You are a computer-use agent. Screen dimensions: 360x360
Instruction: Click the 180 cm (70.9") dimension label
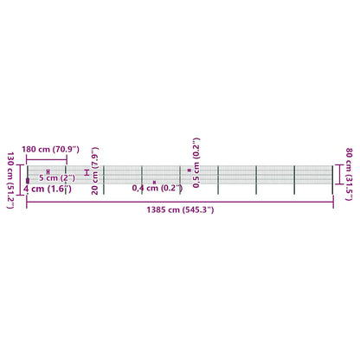click(x=50, y=150)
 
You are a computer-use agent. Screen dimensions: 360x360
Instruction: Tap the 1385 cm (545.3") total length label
click(x=180, y=209)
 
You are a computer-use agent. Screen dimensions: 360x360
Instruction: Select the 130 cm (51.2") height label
click(x=10, y=180)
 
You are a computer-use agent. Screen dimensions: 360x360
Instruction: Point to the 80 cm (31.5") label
click(x=349, y=174)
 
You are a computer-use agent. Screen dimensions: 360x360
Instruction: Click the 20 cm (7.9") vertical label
click(x=94, y=170)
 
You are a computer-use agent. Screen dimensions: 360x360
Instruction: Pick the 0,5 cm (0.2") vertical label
click(x=196, y=163)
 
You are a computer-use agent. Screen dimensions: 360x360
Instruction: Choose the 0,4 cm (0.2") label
click(x=157, y=188)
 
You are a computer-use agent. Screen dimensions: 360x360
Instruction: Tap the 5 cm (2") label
click(x=57, y=177)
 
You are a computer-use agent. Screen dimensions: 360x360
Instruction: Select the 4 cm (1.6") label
click(x=48, y=189)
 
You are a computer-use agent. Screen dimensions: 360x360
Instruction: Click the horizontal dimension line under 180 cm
click(x=47, y=159)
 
